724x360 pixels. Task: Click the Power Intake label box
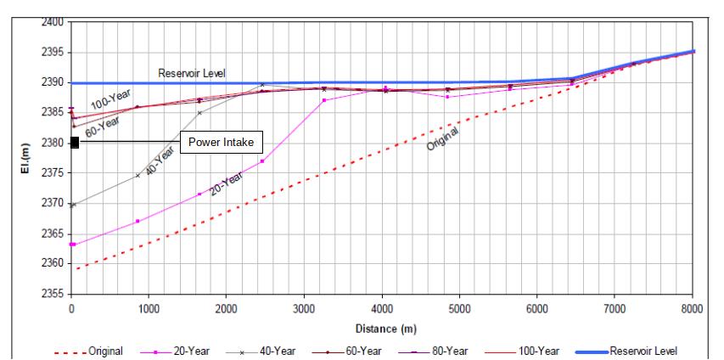[x=221, y=142]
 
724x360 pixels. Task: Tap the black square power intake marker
[x=75, y=142]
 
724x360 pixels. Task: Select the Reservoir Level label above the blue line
[x=194, y=74]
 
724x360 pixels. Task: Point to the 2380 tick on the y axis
[x=56, y=143]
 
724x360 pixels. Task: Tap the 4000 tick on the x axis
[x=382, y=307]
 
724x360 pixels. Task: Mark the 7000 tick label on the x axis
[x=615, y=307]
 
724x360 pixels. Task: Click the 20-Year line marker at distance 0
[x=73, y=245]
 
